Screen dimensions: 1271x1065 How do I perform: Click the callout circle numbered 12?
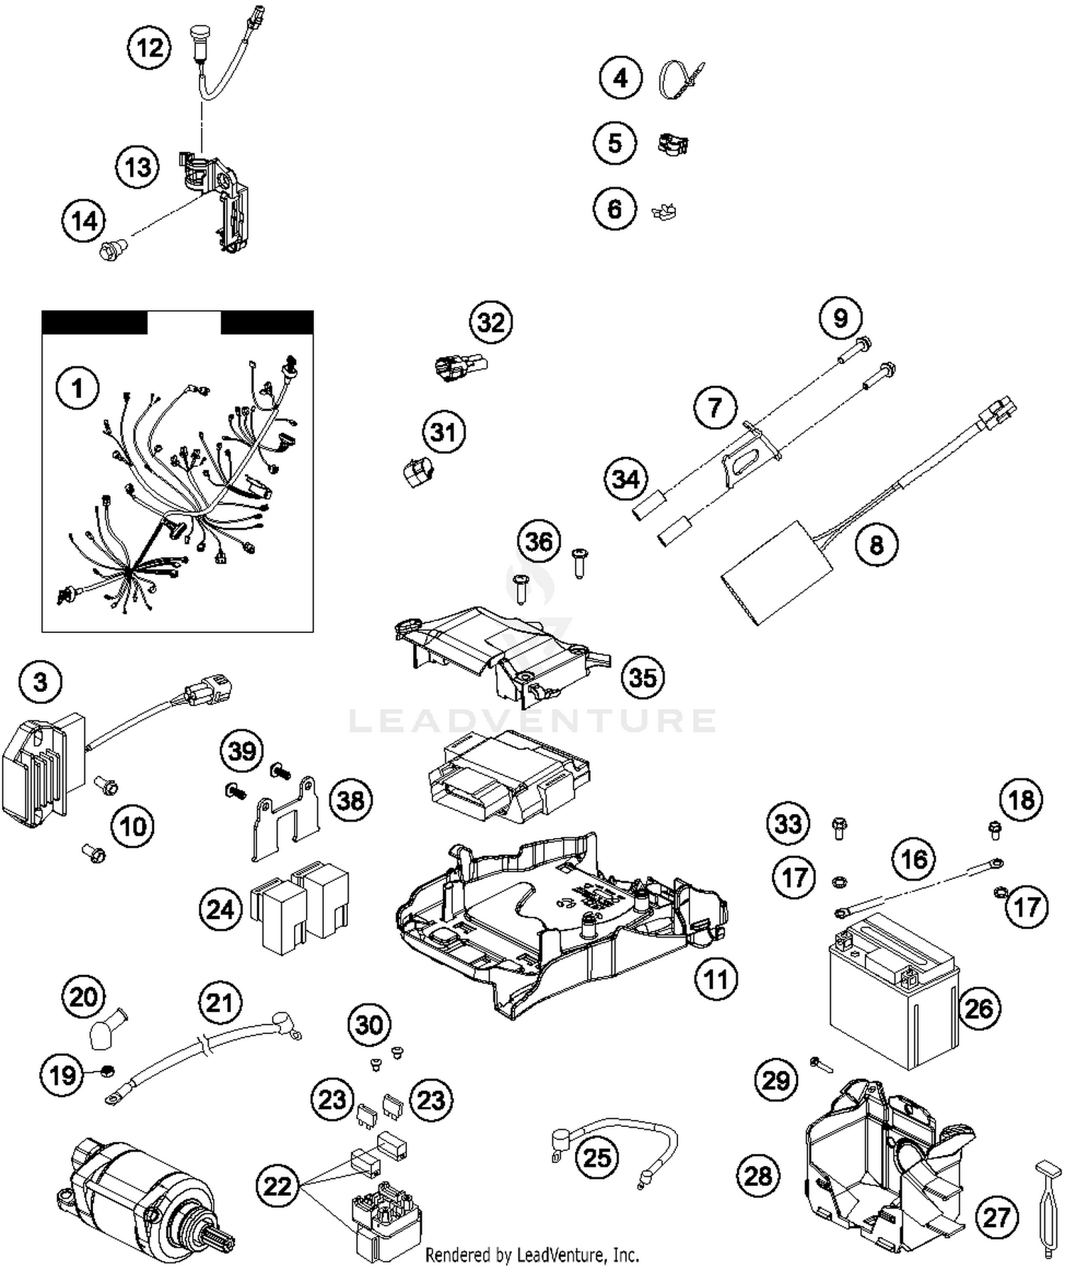coord(149,48)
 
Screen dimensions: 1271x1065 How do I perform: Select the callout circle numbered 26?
coord(979,1008)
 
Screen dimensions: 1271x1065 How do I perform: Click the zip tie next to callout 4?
coord(678,78)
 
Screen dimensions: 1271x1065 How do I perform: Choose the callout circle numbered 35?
coord(643,677)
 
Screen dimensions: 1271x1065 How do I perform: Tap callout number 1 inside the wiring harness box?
coord(77,388)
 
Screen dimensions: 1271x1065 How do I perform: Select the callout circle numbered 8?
coord(876,545)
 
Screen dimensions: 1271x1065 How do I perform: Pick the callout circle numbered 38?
coord(350,800)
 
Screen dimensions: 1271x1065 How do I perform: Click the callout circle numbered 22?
coord(277,1186)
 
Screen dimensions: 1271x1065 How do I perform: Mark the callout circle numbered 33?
coord(788,824)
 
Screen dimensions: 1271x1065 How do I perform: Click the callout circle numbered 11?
coord(716,979)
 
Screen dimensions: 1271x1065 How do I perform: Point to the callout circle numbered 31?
coord(443,431)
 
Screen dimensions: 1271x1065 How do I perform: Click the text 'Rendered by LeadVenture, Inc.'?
coord(532,1255)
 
